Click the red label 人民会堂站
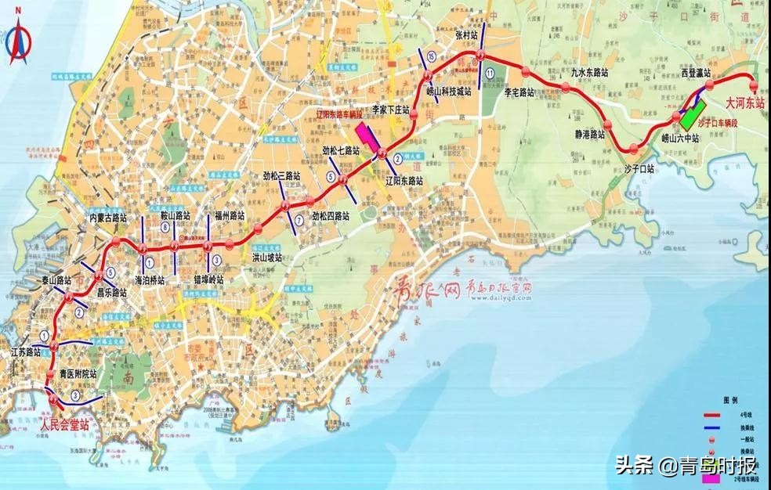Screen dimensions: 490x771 [x=64, y=425]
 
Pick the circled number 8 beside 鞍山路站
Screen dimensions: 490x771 [x=165, y=227]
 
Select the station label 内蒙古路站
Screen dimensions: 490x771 [x=108, y=217]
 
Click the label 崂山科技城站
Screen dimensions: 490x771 [x=449, y=92]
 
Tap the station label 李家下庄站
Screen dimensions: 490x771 [x=391, y=110]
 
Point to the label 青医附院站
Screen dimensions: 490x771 [x=78, y=374]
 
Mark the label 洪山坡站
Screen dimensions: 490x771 [x=266, y=256]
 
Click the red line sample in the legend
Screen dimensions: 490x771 [x=712, y=416]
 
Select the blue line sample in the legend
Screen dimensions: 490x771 [x=712, y=431]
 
